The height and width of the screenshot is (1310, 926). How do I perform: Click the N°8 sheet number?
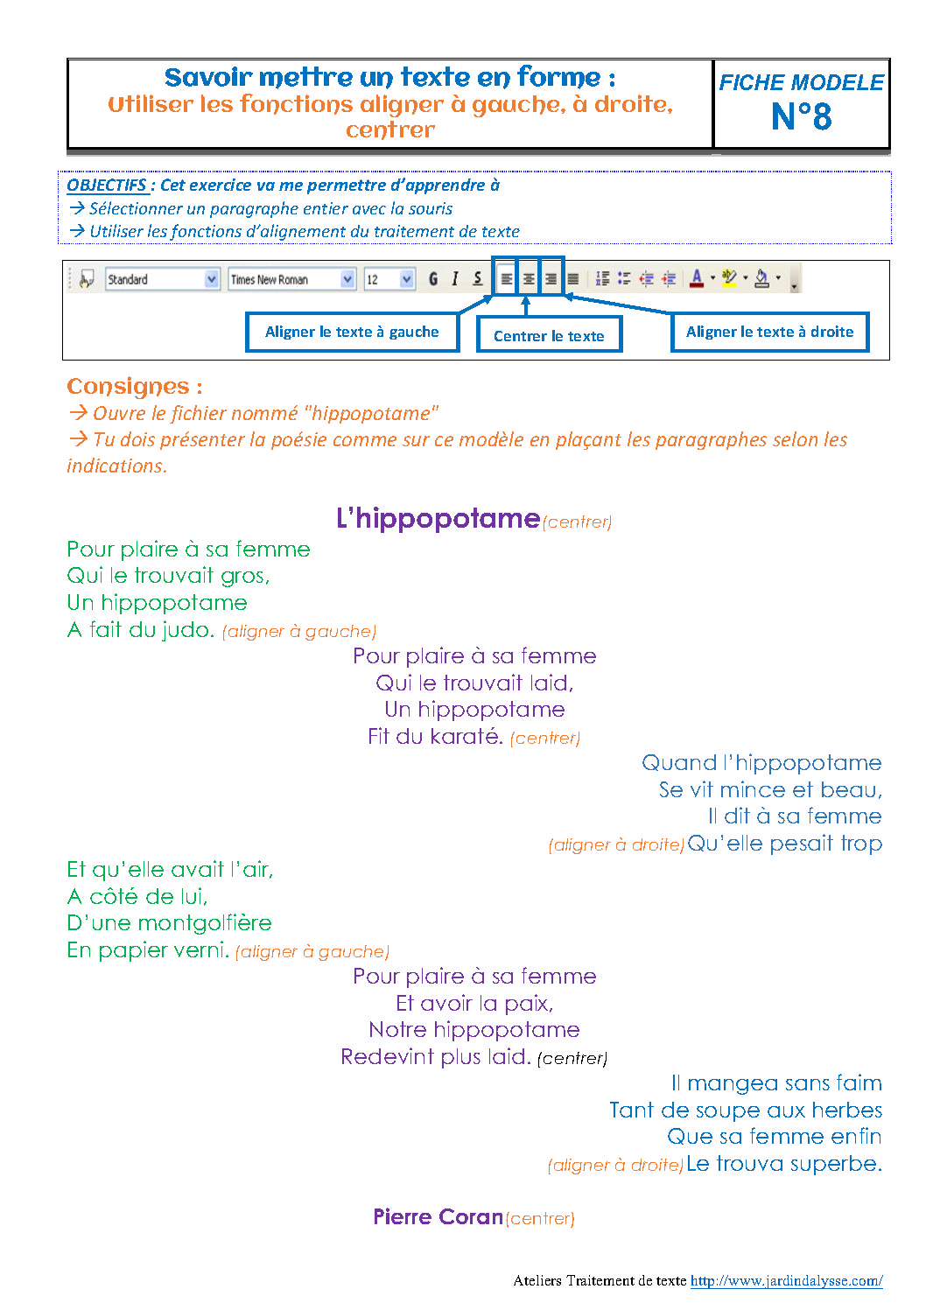(801, 116)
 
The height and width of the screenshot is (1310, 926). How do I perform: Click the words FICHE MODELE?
(801, 83)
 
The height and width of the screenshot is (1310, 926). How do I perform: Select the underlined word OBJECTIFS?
(107, 186)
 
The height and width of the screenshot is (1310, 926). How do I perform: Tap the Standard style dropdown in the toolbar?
(162, 279)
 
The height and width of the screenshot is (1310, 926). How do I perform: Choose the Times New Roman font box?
(291, 279)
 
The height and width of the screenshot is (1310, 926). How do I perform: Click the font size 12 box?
(389, 279)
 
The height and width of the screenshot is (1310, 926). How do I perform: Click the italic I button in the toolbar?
(455, 279)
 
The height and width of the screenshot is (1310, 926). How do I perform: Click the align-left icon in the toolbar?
(506, 279)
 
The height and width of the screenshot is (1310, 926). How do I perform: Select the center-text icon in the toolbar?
(529, 279)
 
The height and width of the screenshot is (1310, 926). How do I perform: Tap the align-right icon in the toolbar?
(551, 279)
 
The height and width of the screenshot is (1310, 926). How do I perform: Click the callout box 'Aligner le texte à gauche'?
(352, 333)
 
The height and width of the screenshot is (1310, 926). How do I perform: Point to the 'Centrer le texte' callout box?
(549, 336)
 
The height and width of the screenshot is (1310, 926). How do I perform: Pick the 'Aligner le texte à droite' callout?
(769, 333)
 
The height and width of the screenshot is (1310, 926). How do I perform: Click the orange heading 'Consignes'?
(128, 387)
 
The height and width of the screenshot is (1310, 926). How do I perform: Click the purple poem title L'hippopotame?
(438, 519)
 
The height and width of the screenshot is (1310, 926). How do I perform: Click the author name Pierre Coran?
(438, 1217)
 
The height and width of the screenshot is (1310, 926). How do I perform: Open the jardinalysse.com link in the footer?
(786, 1281)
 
